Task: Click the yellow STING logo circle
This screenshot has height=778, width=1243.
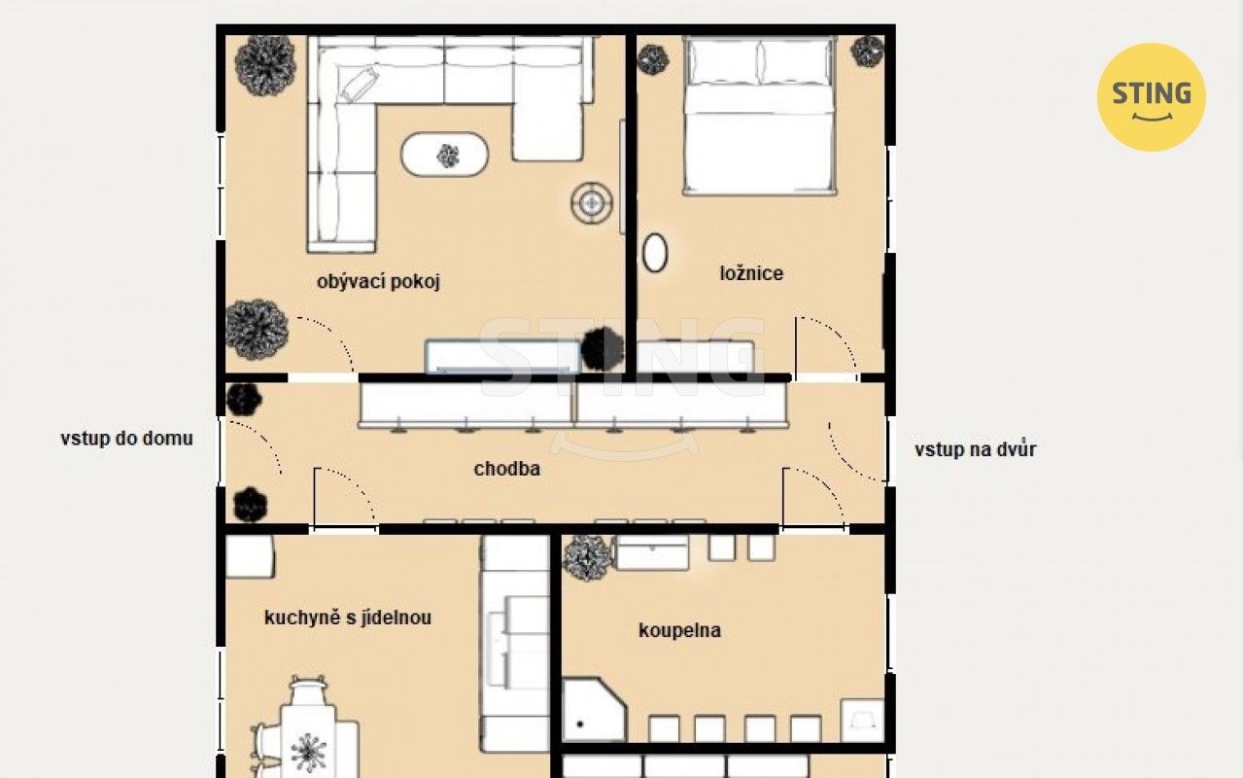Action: click(x=1152, y=97)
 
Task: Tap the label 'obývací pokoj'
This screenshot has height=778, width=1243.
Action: click(x=378, y=282)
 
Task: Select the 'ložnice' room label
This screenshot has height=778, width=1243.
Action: click(x=751, y=273)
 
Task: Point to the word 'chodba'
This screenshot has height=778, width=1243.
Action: click(x=506, y=469)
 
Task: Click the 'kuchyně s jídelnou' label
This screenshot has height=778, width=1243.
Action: click(x=348, y=618)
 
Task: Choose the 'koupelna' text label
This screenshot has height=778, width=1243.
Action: click(x=679, y=630)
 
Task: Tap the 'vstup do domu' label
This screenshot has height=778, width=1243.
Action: click(x=126, y=439)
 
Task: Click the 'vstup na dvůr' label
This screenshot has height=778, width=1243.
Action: click(x=975, y=449)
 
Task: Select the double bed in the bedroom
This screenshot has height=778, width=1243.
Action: click(x=760, y=116)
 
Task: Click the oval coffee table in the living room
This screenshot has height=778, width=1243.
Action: click(x=444, y=155)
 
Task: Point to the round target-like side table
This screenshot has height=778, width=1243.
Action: click(x=592, y=202)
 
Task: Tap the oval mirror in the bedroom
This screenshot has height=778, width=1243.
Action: click(x=655, y=253)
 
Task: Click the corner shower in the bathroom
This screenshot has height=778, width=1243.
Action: click(x=594, y=709)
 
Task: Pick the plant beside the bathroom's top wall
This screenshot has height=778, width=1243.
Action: click(x=588, y=557)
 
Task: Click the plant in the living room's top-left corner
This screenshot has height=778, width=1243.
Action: click(x=265, y=65)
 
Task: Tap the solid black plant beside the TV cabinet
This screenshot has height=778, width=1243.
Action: click(x=603, y=349)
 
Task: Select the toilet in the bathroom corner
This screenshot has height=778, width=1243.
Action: click(x=862, y=721)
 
